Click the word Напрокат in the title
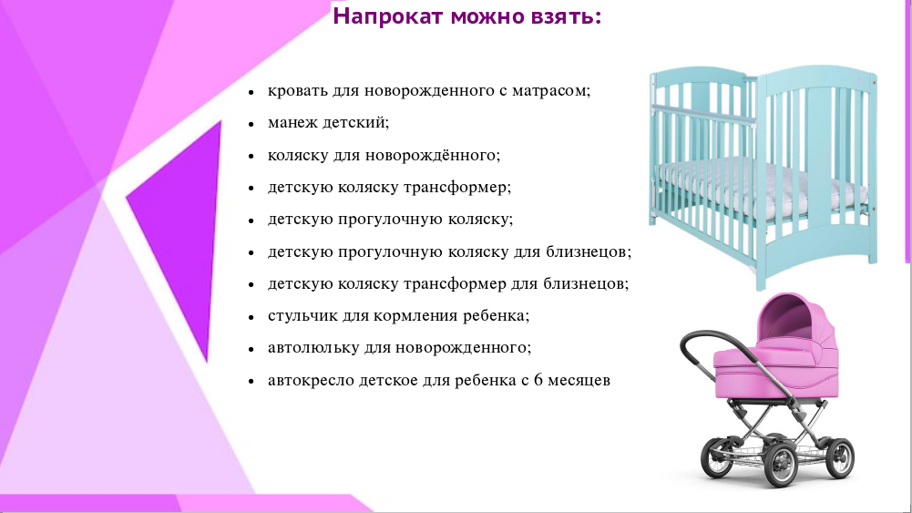[x=388, y=17]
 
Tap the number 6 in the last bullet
[x=538, y=380]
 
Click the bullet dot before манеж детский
[x=251, y=124]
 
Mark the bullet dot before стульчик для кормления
[x=251, y=317]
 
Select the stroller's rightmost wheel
[x=839, y=457]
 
